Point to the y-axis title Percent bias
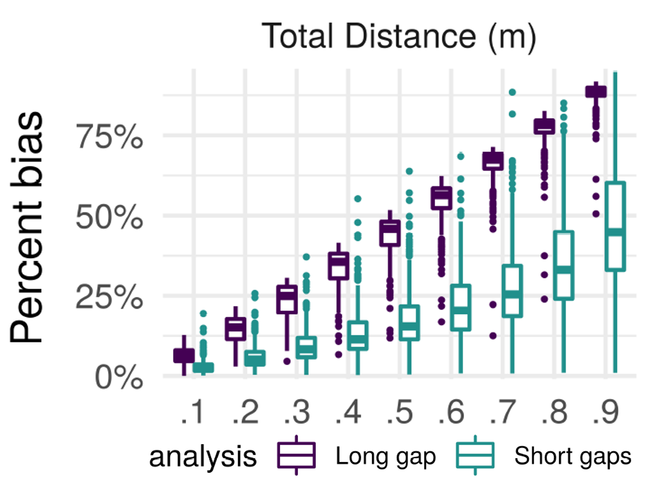tap(27, 227)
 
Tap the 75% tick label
tap(109, 137)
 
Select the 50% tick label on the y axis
tap(109, 217)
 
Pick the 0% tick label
tap(119, 378)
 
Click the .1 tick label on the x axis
tap(193, 412)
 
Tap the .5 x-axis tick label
tap(399, 412)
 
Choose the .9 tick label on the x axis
tap(606, 412)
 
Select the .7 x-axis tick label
tap(503, 412)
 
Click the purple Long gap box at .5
tap(390, 233)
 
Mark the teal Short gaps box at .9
tap(615, 226)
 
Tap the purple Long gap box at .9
tap(596, 91)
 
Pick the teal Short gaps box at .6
tap(460, 307)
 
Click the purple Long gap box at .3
tap(287, 299)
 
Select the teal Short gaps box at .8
tap(564, 265)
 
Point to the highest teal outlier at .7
tap(512, 92)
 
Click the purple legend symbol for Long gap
tap(296, 455)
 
